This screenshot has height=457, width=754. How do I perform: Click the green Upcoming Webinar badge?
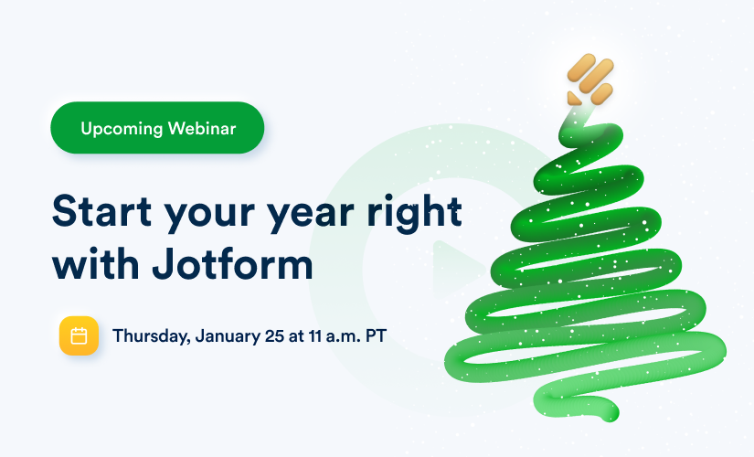157,128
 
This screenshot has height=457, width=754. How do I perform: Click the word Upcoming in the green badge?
122,129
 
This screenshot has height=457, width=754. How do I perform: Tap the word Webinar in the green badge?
202,129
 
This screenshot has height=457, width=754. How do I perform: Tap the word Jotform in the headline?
233,263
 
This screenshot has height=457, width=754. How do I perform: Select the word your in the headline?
209,215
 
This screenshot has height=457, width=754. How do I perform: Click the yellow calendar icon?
79,335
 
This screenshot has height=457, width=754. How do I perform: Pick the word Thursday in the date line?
151,336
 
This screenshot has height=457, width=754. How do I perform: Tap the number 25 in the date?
274,335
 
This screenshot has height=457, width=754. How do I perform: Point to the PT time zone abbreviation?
376,335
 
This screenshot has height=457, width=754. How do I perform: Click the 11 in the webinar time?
315,335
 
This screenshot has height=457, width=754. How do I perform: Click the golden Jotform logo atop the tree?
590,80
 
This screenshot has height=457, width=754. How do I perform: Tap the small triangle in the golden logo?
574,98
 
